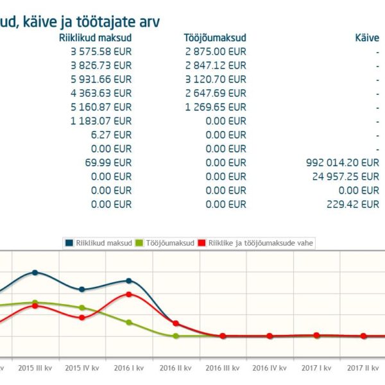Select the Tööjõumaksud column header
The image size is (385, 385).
tap(214, 38)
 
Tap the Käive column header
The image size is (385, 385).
tap(366, 38)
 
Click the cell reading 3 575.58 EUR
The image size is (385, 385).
tap(101, 51)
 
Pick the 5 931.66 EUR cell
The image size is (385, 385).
tap(101, 79)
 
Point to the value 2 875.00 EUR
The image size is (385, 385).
tap(215, 51)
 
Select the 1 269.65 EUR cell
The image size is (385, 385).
tap(215, 107)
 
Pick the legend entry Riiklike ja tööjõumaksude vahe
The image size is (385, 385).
tap(257, 243)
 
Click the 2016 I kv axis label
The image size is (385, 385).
tap(129, 368)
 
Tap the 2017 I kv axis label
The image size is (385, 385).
tap(316, 368)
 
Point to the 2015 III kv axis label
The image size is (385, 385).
tap(35, 368)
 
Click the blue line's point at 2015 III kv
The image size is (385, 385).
tap(35, 272)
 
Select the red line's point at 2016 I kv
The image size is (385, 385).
tap(129, 294)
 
